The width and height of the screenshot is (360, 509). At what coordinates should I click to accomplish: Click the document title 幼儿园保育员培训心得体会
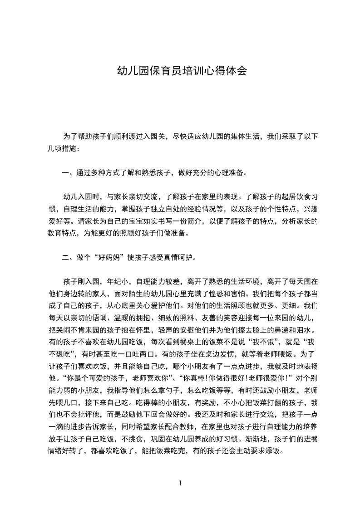182,71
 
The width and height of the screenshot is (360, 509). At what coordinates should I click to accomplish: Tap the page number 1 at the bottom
180,483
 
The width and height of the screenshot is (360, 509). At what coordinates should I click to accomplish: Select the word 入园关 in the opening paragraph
150,136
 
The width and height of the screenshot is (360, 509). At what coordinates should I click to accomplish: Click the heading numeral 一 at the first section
64,173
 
